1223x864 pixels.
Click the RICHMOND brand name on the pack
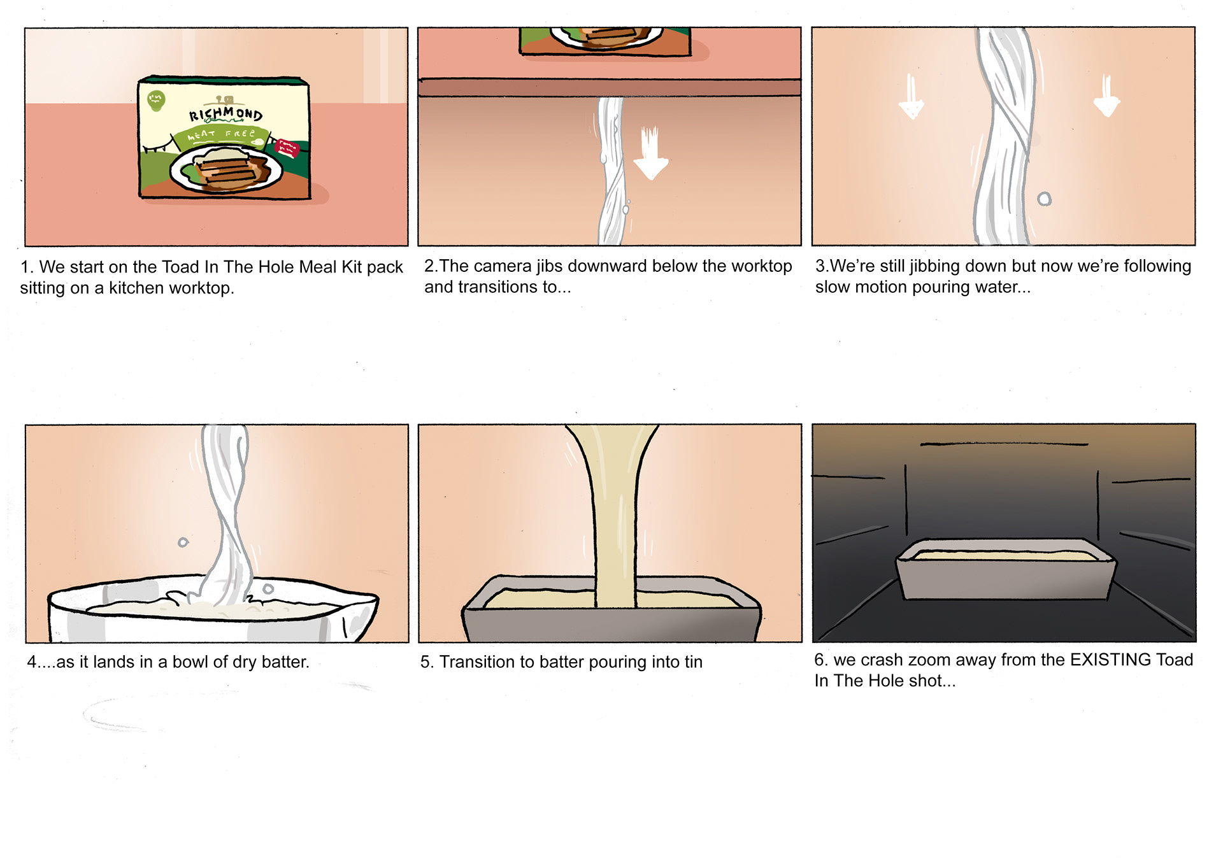pos(226,113)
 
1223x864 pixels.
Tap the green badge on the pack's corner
pos(156,100)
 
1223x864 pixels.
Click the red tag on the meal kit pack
pos(287,148)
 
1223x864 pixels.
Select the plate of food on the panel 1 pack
pos(225,168)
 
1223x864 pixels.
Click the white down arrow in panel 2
pos(650,153)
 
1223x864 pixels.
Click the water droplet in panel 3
pos(1044,199)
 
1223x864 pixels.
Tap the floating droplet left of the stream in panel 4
pos(183,542)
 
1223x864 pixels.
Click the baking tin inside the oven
pos(1005,569)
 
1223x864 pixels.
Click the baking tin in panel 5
pos(611,608)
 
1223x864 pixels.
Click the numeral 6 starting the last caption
pos(819,660)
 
